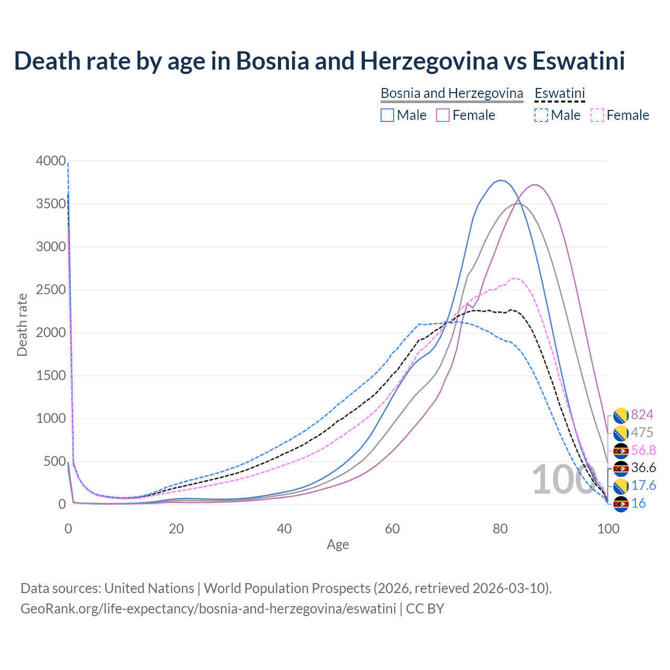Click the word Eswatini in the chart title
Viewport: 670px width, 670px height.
(578, 61)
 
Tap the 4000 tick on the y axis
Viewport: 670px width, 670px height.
(51, 161)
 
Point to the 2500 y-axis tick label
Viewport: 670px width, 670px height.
(51, 289)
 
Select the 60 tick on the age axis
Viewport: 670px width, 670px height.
(392, 529)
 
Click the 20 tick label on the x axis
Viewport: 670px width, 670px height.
(176, 529)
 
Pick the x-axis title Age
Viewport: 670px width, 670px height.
(338, 545)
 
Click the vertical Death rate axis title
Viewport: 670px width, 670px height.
(22, 325)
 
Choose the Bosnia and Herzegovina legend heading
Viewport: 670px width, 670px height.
(452, 93)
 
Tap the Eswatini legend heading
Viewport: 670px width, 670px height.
(560, 93)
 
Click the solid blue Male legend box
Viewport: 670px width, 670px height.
(387, 115)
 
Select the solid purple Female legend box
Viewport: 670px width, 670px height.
(443, 115)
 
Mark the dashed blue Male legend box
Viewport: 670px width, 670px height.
(541, 115)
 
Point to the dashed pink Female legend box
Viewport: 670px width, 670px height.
(597, 115)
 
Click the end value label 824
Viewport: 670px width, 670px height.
(642, 415)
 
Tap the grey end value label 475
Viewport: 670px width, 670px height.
(642, 432)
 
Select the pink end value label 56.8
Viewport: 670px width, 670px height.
(643, 450)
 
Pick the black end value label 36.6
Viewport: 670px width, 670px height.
(643, 467)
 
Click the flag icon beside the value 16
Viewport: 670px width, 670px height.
(621, 504)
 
